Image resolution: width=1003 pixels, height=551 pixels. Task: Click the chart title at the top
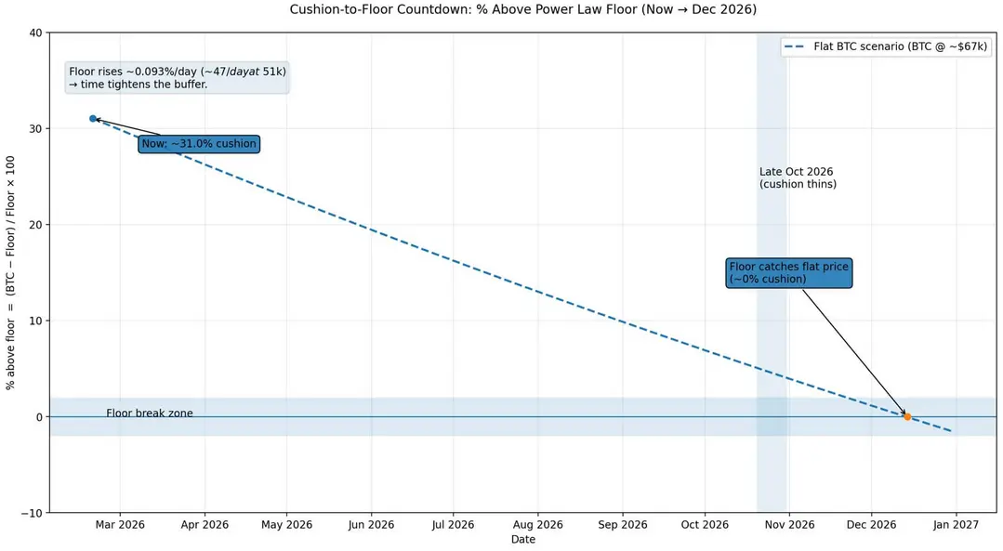(x=522, y=9)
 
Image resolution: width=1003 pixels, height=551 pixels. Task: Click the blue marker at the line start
(x=93, y=118)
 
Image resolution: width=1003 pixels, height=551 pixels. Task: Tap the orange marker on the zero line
(x=907, y=417)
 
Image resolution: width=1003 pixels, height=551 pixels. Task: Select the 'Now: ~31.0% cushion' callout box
(x=199, y=144)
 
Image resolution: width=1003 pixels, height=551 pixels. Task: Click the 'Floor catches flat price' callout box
(x=788, y=273)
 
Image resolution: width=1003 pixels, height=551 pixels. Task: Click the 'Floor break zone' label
(x=149, y=413)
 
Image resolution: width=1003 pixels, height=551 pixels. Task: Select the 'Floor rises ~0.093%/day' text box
(x=178, y=78)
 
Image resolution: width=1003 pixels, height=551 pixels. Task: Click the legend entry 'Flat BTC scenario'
(x=886, y=46)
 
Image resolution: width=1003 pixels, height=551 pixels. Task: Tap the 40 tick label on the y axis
(x=36, y=33)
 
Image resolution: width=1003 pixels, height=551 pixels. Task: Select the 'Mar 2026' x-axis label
(x=120, y=525)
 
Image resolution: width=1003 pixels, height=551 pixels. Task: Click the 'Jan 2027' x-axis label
(x=956, y=525)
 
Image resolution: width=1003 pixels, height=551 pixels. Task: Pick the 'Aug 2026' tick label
(x=538, y=525)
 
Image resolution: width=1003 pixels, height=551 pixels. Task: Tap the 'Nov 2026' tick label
(x=789, y=525)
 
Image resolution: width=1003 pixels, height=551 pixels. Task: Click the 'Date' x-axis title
(x=522, y=540)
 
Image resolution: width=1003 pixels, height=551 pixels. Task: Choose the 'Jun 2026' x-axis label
(x=371, y=525)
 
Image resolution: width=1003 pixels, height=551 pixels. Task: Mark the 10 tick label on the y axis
(x=36, y=321)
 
